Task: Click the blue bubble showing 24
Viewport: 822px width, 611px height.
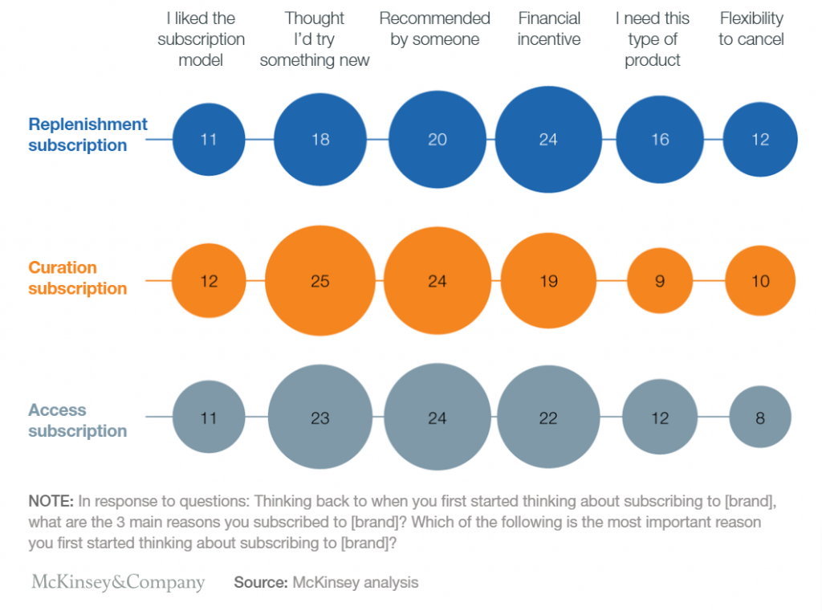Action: coord(548,140)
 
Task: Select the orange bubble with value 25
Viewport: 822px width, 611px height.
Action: coord(320,281)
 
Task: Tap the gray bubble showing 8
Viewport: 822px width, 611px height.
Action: coord(760,418)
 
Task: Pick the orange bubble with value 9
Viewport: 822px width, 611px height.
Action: coord(660,281)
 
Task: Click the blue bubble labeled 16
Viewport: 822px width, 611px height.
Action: coord(660,140)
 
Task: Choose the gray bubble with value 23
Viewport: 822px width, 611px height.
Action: coord(320,418)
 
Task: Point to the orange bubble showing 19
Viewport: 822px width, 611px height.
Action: coord(548,281)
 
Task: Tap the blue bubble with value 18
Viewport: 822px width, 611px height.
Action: coord(320,140)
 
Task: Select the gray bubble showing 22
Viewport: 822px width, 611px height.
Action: coord(548,418)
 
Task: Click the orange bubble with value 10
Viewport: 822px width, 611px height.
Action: coord(760,281)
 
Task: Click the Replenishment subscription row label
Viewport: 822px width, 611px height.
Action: coord(87,135)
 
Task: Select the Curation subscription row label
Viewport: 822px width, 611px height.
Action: coord(77,278)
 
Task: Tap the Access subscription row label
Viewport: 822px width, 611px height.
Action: coord(77,420)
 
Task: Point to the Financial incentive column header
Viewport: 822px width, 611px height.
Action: coord(549,29)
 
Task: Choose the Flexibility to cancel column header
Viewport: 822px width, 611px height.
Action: coord(751,29)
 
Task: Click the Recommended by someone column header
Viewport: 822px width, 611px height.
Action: coord(434,29)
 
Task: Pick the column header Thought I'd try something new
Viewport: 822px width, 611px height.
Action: coord(315,39)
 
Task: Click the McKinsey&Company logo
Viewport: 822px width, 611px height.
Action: coord(118,582)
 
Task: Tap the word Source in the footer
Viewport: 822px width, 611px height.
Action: coord(260,583)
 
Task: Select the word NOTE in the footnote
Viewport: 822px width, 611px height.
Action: coord(50,501)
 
